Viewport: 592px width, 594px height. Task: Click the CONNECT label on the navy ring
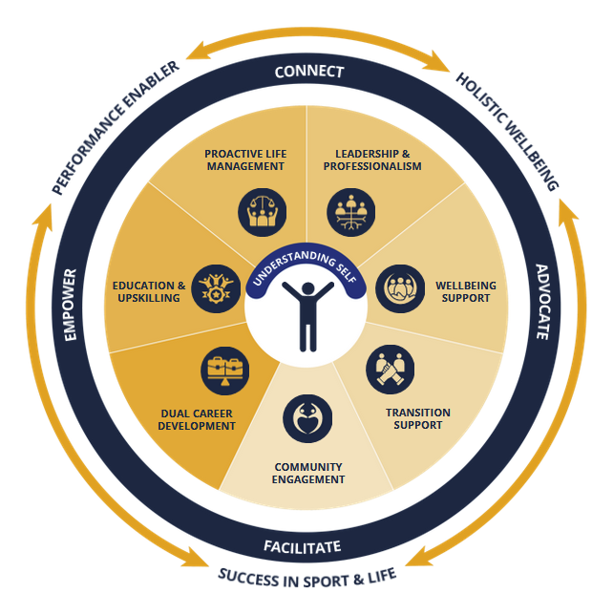[304, 73]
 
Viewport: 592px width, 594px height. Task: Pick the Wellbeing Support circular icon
[399, 288]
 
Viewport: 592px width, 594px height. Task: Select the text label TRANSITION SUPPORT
[417, 418]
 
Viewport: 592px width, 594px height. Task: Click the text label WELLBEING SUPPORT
[462, 291]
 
